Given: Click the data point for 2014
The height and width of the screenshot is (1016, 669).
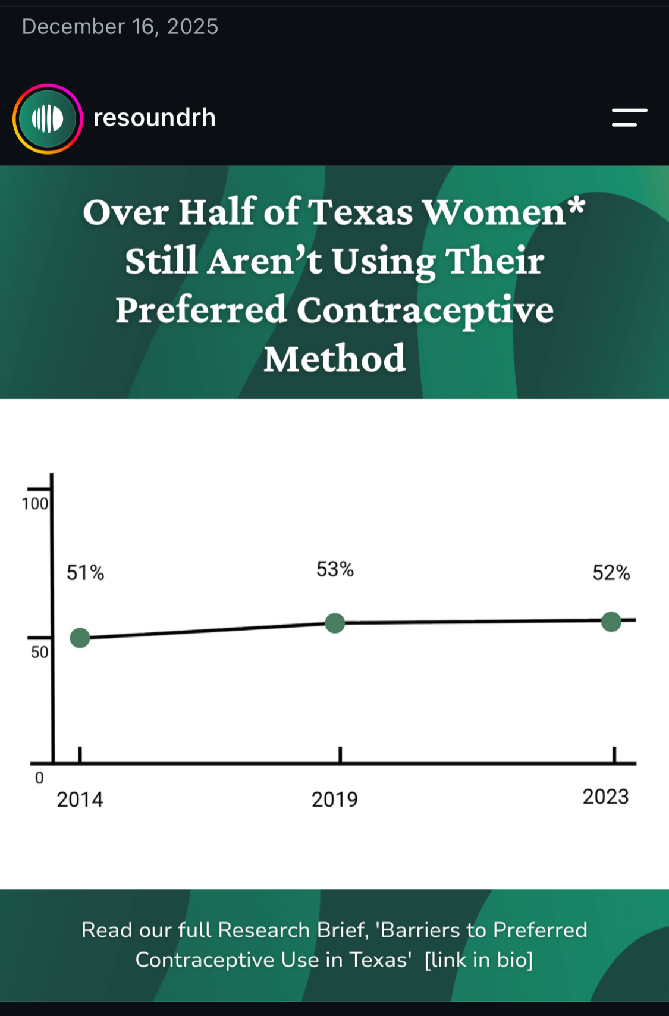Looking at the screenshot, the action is pyautogui.click(x=80, y=638).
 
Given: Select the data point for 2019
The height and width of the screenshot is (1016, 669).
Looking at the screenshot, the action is pyautogui.click(x=335, y=623).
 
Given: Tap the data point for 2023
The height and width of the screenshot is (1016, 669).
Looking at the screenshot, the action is pyautogui.click(x=611, y=622).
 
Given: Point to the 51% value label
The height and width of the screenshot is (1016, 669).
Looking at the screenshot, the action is pyautogui.click(x=85, y=573).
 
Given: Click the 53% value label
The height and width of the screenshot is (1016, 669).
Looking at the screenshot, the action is pyautogui.click(x=335, y=569).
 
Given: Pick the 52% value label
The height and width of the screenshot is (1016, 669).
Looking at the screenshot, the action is pyautogui.click(x=611, y=573).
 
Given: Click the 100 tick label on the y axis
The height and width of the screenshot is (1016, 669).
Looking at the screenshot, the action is pyautogui.click(x=35, y=504).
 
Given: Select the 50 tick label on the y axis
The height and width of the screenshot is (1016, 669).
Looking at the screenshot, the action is pyautogui.click(x=39, y=652).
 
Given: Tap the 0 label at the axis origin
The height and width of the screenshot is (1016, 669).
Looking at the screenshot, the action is pyautogui.click(x=39, y=778).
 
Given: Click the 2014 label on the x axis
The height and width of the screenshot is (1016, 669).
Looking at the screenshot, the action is pyautogui.click(x=80, y=799).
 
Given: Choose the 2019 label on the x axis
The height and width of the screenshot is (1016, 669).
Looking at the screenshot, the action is pyautogui.click(x=335, y=799).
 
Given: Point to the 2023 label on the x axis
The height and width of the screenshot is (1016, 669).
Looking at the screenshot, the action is pyautogui.click(x=605, y=797).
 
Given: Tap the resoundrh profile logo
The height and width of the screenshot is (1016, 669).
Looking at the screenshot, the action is pyautogui.click(x=48, y=119).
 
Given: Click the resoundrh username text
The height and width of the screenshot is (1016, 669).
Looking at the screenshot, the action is pyautogui.click(x=154, y=118).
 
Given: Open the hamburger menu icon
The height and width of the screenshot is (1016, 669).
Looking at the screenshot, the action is pyautogui.click(x=629, y=117).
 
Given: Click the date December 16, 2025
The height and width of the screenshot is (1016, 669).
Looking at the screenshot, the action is pyautogui.click(x=120, y=26).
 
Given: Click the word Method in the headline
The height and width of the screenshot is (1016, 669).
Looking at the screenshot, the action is pyautogui.click(x=335, y=359).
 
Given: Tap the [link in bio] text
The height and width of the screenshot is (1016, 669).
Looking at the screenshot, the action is pyautogui.click(x=479, y=959).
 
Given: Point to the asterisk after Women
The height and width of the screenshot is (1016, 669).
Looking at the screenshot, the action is pyautogui.click(x=576, y=206).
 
